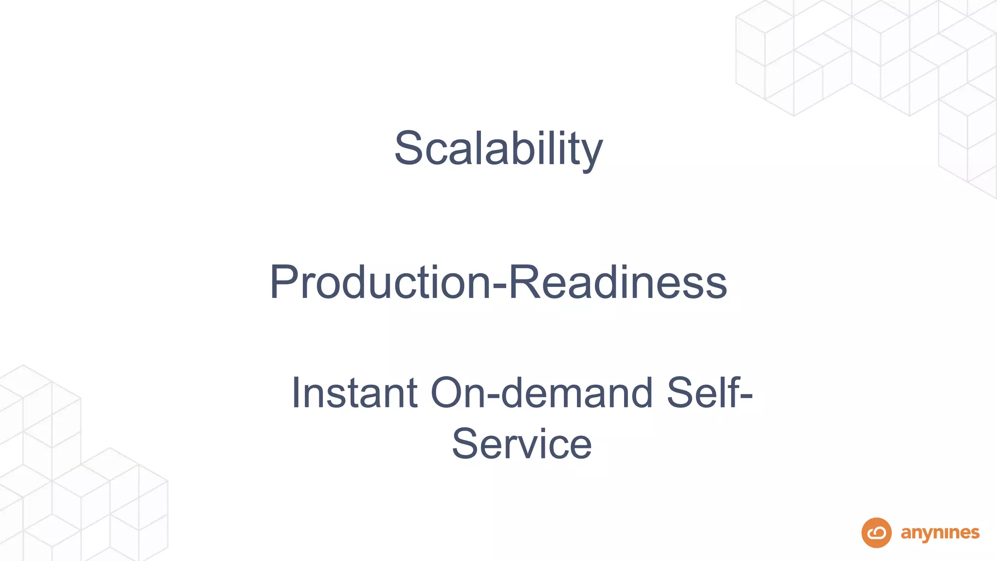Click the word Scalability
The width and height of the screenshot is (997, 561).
coord(498,149)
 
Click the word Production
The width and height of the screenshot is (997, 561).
coord(380,282)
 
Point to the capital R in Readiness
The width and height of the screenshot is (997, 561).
coord(522,282)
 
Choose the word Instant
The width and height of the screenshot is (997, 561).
coord(354,393)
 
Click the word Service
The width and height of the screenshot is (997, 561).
coord(521,444)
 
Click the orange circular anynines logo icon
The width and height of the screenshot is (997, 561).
coord(876,533)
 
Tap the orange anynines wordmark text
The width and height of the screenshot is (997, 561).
coord(940,534)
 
